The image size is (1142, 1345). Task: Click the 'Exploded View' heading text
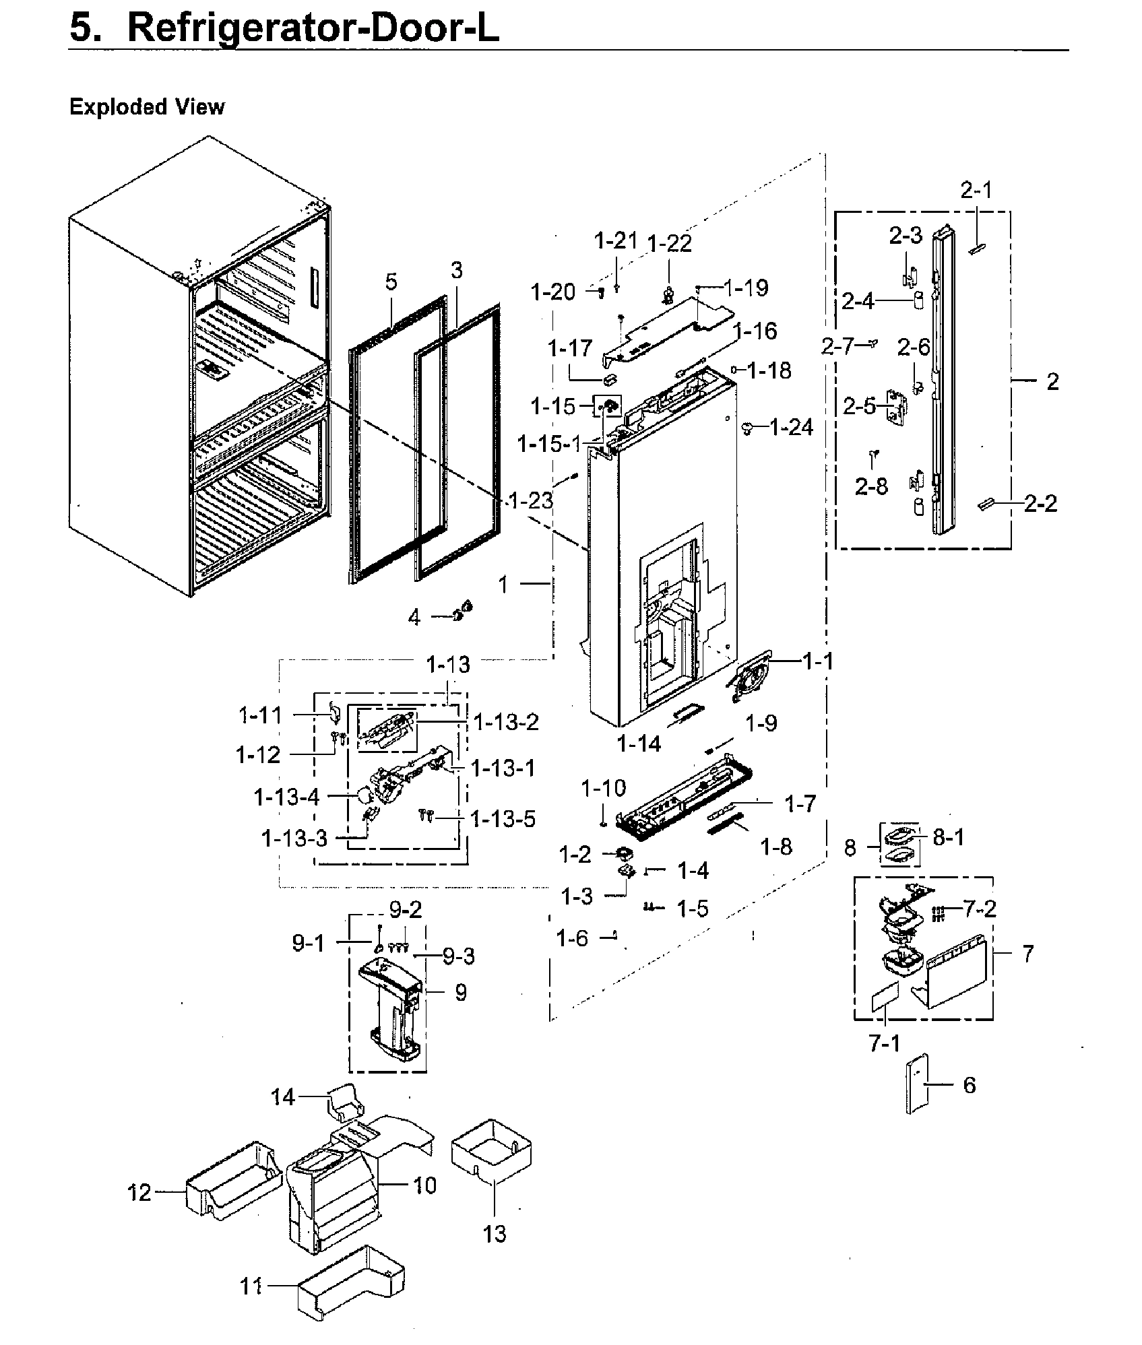[146, 107]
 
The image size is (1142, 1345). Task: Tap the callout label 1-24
[791, 427]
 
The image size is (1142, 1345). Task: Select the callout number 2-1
[976, 191]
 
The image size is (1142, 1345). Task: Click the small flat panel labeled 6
[918, 1084]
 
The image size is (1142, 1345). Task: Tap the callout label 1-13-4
[286, 797]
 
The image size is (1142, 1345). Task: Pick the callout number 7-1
[884, 1044]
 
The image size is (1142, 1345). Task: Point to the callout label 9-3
[459, 956]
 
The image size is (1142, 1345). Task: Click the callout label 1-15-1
[548, 444]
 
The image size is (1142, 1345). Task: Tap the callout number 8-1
[949, 837]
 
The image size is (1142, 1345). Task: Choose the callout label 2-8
[871, 486]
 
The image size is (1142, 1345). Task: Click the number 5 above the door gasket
[391, 282]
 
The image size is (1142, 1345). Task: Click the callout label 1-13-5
[503, 819]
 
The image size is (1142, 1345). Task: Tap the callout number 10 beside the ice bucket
[424, 1185]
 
